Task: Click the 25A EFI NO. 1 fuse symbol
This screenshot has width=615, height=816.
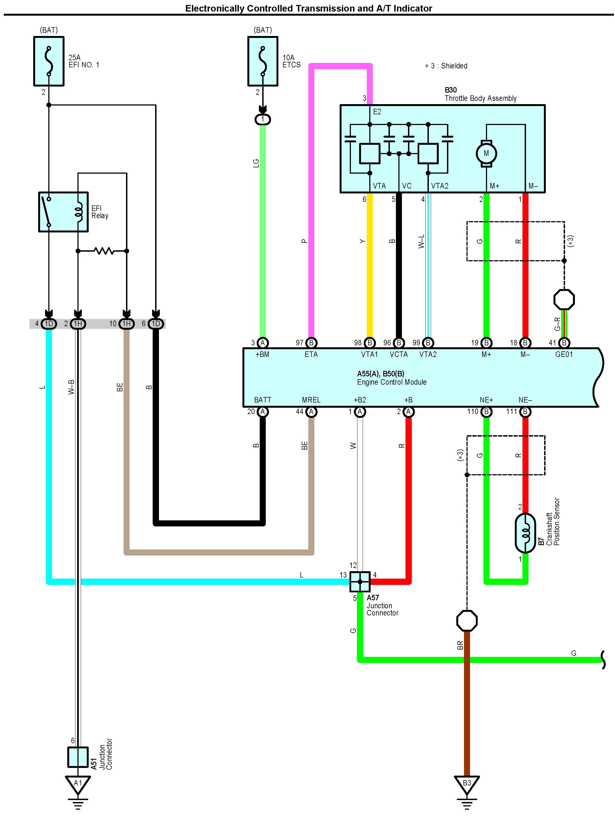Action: tap(49, 61)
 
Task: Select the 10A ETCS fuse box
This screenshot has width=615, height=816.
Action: tap(262, 61)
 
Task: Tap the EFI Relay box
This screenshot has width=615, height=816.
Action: tap(63, 212)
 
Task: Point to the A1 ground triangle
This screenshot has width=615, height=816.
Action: tap(78, 784)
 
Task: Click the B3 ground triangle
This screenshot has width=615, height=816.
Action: tap(467, 784)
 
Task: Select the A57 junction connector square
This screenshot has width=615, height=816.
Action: tap(360, 582)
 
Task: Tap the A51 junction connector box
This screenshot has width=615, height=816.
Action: tap(78, 757)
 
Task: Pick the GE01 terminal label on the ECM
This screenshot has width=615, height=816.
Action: tap(564, 354)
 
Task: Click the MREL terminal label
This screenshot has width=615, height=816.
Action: tap(311, 400)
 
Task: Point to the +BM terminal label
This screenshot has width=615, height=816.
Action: tap(262, 354)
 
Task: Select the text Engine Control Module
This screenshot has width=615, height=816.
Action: tap(392, 382)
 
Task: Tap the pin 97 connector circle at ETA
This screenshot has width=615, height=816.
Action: tap(311, 343)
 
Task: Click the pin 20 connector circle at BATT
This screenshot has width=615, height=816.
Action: tap(262, 411)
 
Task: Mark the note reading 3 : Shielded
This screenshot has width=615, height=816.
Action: tap(446, 66)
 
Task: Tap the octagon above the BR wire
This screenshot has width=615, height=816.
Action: tap(467, 621)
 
